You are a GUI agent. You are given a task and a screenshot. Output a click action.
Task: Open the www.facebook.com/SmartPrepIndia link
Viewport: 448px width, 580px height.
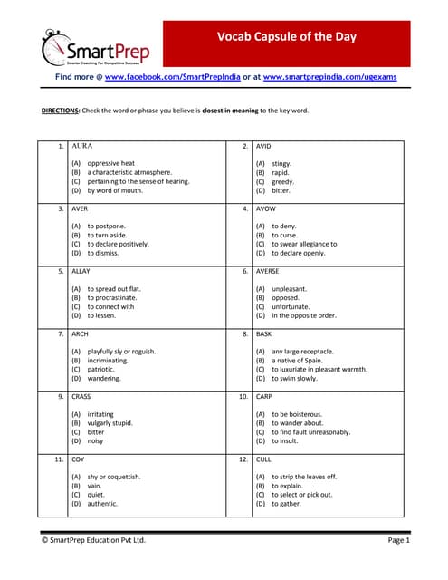pos(172,78)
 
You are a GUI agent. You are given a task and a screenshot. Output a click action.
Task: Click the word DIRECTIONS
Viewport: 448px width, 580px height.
pos(61,111)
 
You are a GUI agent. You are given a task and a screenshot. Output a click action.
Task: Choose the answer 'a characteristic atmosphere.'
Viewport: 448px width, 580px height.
pos(129,172)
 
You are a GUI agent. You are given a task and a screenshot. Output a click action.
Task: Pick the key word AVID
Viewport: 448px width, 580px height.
pos(263,146)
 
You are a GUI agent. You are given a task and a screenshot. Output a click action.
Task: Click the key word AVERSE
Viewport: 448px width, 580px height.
pos(268,271)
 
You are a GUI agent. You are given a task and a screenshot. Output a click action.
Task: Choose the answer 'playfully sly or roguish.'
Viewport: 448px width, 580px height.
pos(121,351)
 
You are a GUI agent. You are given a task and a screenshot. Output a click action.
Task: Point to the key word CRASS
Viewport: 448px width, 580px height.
pos(81,396)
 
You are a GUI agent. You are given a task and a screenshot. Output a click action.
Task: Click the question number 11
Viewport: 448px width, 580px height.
pos(58,459)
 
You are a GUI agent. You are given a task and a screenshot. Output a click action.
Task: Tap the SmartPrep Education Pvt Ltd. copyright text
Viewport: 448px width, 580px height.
pos(93,540)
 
